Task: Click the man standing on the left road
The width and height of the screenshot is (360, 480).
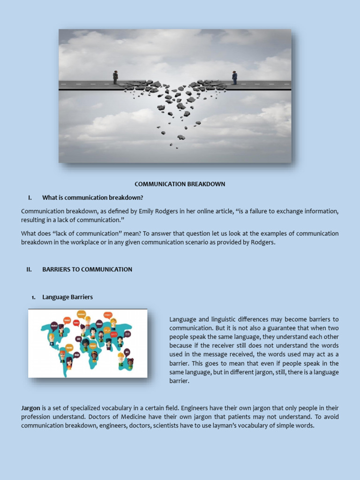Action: coord(115,77)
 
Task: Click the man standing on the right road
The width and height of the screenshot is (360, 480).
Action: coord(234,78)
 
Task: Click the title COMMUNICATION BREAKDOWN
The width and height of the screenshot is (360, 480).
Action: coord(180,184)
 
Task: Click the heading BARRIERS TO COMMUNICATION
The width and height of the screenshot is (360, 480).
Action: coord(87,270)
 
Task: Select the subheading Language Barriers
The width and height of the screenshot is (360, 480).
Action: coord(67,297)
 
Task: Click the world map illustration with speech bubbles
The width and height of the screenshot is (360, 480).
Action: coord(88,343)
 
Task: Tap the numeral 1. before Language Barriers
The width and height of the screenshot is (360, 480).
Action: coord(33,297)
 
